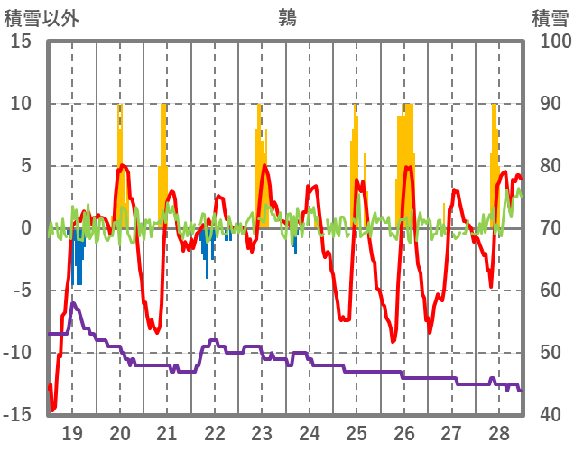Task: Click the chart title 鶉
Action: (287, 17)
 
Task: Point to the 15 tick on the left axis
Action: (21, 42)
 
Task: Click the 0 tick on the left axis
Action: (26, 228)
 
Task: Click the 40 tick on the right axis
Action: (551, 414)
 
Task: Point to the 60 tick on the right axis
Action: (551, 291)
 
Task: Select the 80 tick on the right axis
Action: (551, 166)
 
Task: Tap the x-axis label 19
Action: (72, 432)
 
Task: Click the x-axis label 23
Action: (262, 432)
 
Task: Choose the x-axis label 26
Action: (403, 432)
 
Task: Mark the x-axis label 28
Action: (498, 432)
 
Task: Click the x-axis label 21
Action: (167, 432)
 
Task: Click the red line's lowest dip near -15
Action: (53, 409)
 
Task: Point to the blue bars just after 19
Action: (79, 257)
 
